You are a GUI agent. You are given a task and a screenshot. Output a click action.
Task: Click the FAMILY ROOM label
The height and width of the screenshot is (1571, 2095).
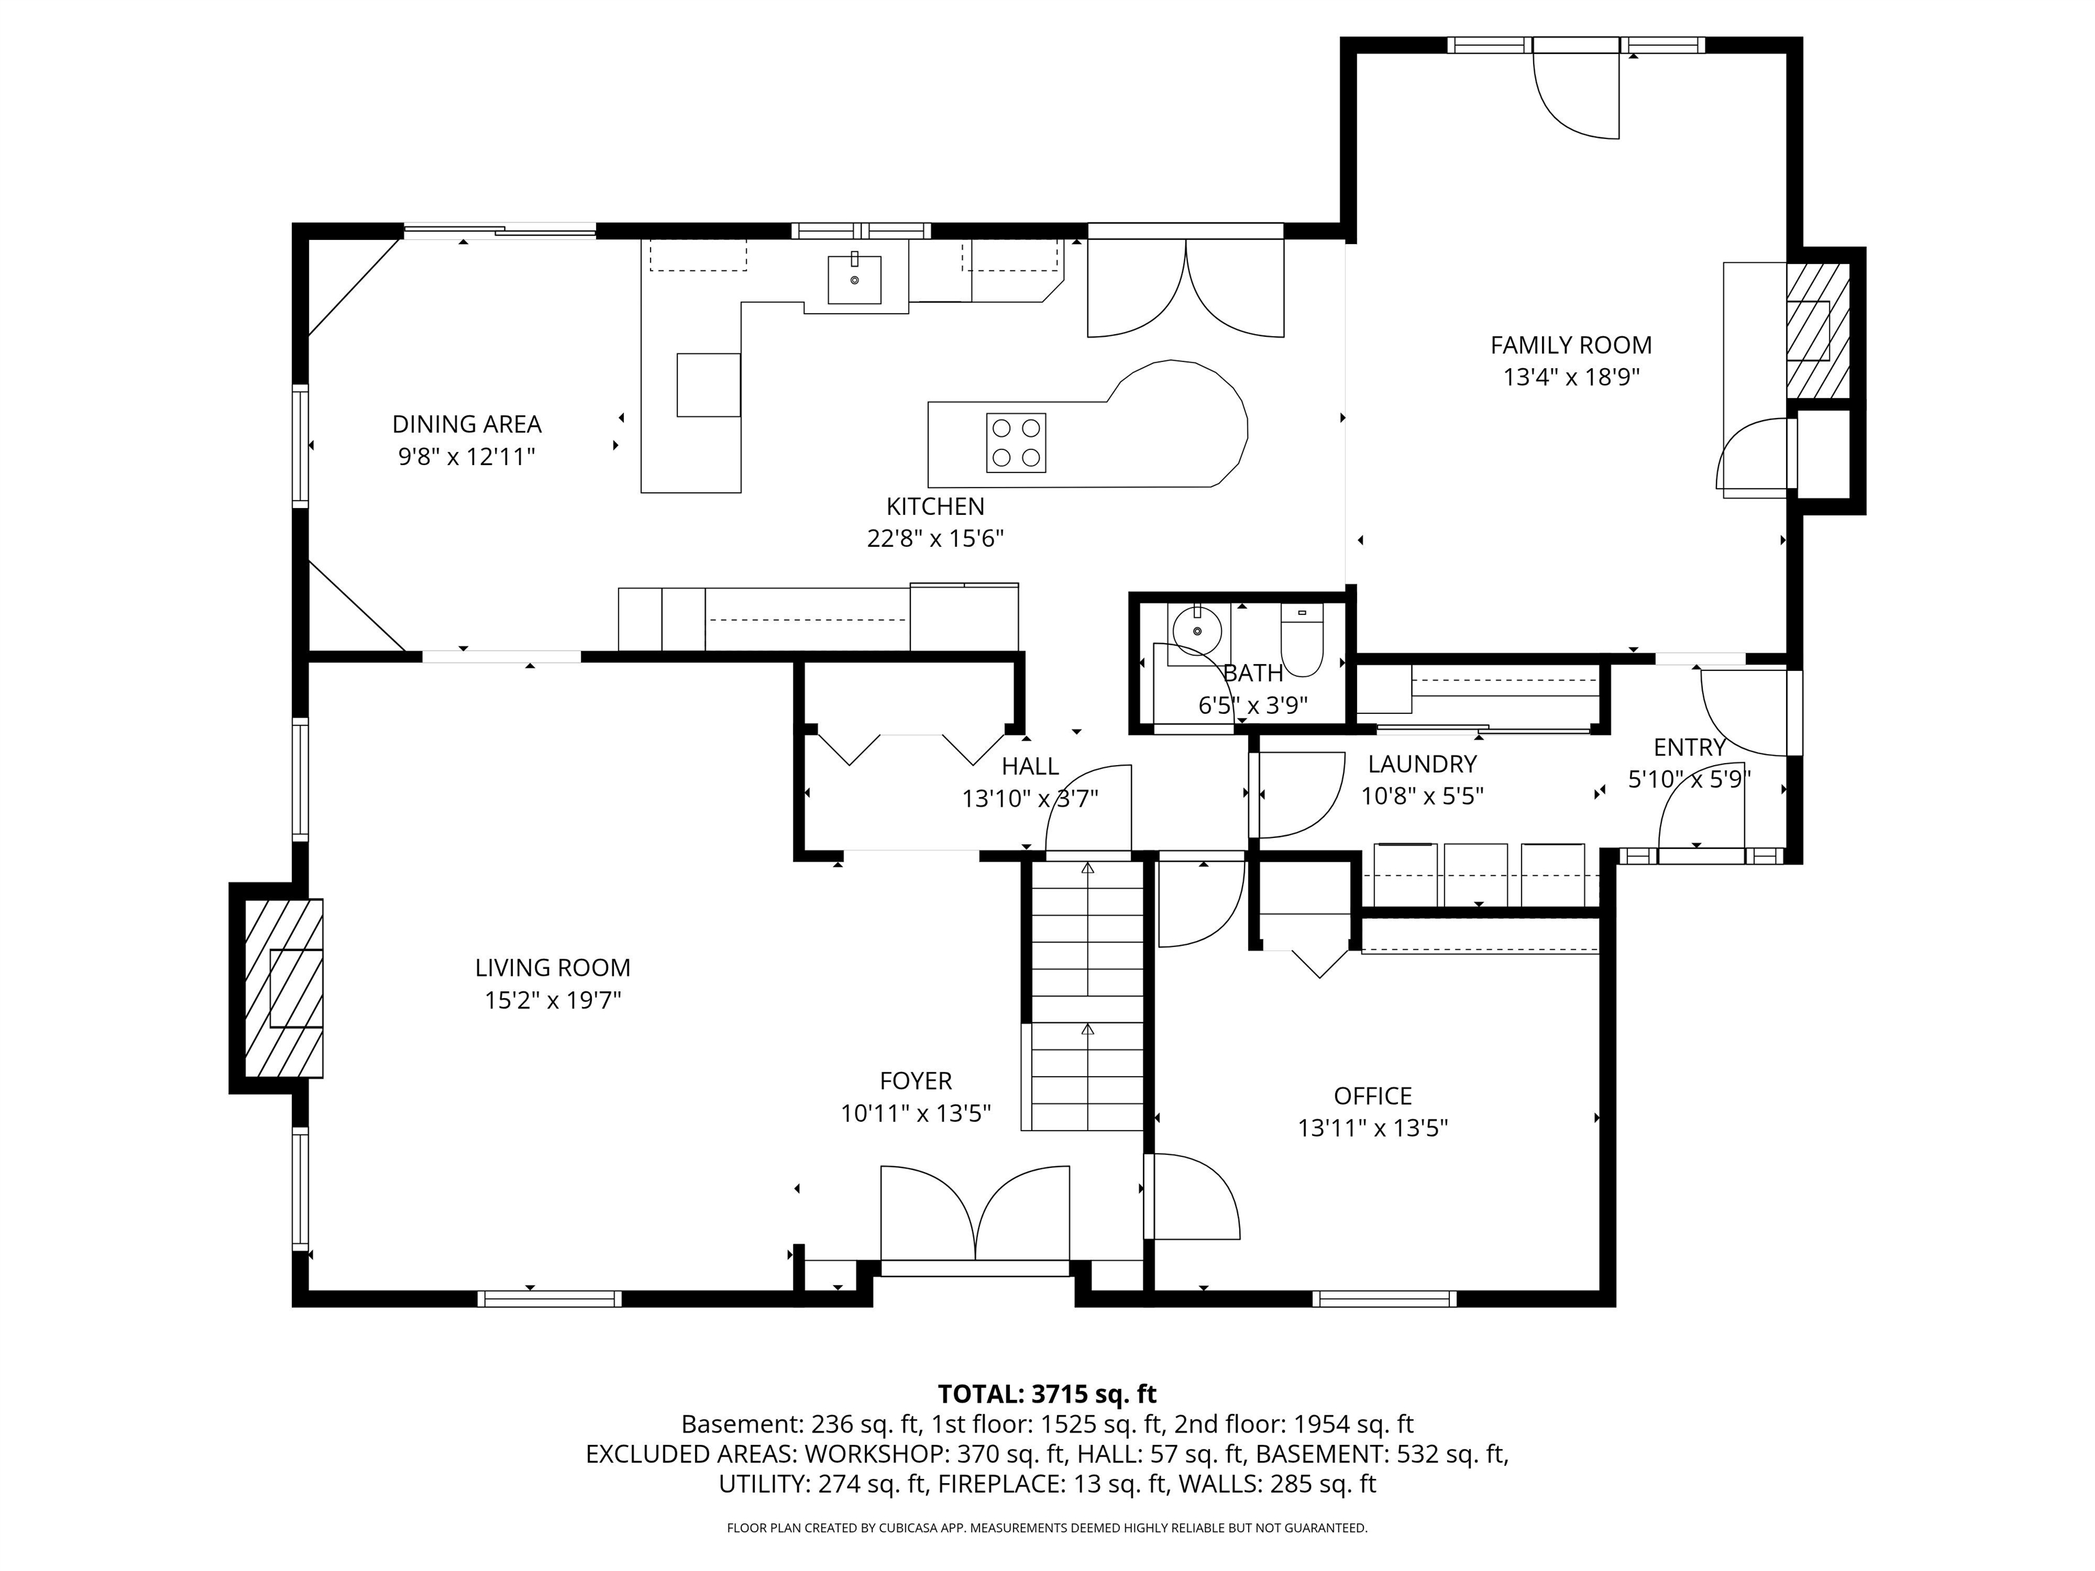tap(1571, 345)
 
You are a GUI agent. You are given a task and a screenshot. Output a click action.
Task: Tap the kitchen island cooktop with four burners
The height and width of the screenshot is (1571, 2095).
tap(1016, 443)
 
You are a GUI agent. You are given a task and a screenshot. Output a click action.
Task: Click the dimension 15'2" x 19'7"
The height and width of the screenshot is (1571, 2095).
tap(552, 1000)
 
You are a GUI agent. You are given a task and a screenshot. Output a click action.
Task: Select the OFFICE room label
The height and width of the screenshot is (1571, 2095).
tap(1372, 1096)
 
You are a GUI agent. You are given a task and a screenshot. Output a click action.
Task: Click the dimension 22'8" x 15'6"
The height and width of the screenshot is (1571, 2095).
tap(935, 539)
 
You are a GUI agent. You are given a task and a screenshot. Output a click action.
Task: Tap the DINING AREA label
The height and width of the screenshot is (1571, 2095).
tap(467, 424)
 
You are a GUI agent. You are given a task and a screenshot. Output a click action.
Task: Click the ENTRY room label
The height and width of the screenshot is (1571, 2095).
tap(1690, 747)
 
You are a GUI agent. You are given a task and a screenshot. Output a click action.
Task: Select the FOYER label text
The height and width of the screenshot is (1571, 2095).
tap(916, 1081)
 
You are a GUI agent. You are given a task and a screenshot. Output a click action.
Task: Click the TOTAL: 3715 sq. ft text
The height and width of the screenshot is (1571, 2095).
tap(1047, 1394)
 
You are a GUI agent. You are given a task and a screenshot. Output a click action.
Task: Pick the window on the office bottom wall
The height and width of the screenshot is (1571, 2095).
tap(1384, 1299)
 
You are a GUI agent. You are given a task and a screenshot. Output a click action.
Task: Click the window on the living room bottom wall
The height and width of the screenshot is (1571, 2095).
tap(549, 1299)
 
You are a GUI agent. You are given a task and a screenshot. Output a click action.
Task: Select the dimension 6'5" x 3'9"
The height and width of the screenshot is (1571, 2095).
tap(1252, 706)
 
